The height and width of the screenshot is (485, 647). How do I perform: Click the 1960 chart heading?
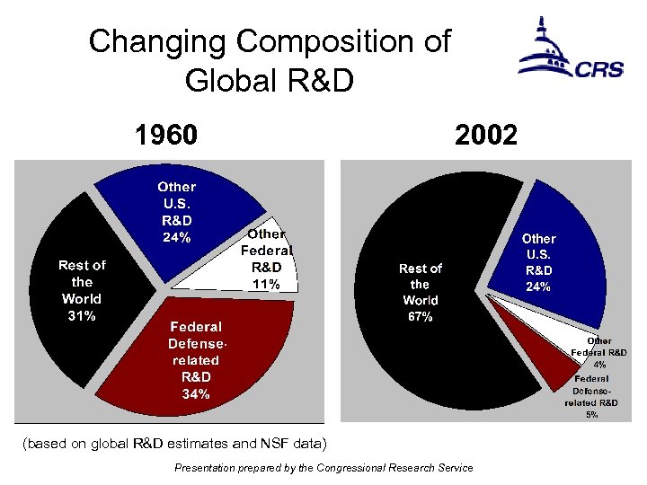click(165, 136)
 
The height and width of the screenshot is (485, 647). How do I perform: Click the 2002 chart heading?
click(485, 136)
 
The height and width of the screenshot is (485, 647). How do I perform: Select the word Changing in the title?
click(165, 41)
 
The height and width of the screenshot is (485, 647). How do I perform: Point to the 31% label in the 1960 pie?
click(82, 315)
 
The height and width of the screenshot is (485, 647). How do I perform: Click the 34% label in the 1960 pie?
click(196, 393)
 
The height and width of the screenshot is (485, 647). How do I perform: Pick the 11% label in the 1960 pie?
click(266, 284)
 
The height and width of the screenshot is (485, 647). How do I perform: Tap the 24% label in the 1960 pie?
click(176, 237)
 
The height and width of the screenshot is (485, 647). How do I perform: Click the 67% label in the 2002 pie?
click(421, 317)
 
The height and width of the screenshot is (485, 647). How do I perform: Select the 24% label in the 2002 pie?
click(538, 287)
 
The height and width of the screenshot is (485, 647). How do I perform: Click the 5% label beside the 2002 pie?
click(592, 415)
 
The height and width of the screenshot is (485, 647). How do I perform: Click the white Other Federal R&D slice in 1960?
click(225, 269)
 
